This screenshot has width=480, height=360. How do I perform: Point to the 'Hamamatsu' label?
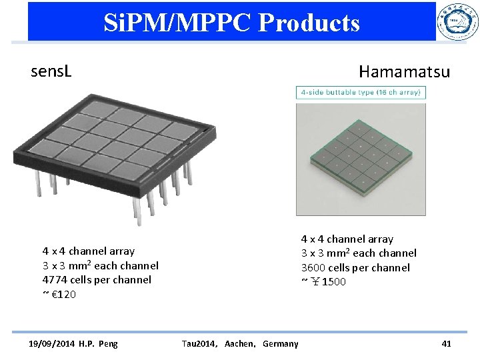tap(404, 71)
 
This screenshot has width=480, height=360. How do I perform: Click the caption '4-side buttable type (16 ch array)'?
tap(361, 92)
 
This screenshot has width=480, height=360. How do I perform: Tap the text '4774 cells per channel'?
tap(97, 280)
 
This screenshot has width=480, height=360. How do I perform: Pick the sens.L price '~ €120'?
tap(59, 294)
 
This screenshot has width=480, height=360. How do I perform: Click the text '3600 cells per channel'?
tap(355, 267)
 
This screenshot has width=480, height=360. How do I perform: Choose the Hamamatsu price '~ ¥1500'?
tap(323, 281)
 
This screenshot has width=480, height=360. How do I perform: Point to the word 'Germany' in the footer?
tap(281, 343)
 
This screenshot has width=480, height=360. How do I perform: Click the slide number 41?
tap(446, 343)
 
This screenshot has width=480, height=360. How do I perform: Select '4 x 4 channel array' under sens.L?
tap(89, 251)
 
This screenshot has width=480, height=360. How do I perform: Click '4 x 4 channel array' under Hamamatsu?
tap(347, 239)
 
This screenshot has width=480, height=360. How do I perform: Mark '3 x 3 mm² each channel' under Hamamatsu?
tap(359, 253)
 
